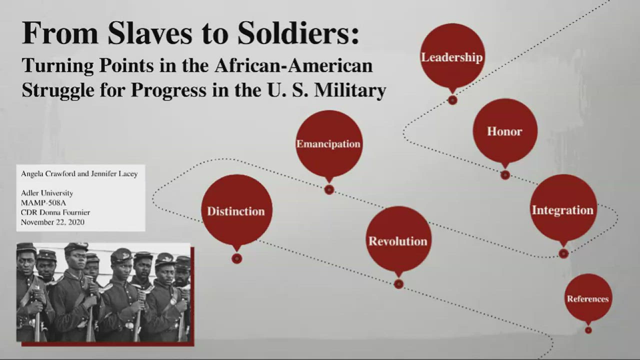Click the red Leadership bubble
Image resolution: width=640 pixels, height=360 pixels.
452,56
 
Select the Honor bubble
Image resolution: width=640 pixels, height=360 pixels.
504,131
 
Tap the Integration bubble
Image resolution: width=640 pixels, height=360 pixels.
562,209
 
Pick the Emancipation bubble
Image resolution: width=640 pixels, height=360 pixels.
328,143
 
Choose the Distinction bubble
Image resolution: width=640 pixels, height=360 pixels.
236,210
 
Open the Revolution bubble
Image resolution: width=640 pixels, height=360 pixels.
398,240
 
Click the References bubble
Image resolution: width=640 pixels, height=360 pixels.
588,298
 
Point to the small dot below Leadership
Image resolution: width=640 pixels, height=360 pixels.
452,100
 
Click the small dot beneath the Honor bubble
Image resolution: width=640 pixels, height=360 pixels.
505,175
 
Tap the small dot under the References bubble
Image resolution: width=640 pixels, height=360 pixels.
588,330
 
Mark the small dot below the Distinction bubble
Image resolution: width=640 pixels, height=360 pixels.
237,258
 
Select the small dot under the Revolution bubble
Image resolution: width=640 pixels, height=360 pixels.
398,284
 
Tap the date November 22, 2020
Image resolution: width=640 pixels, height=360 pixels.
52,222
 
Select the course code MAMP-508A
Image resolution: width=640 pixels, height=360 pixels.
43,202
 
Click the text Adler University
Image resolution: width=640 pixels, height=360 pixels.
47,193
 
